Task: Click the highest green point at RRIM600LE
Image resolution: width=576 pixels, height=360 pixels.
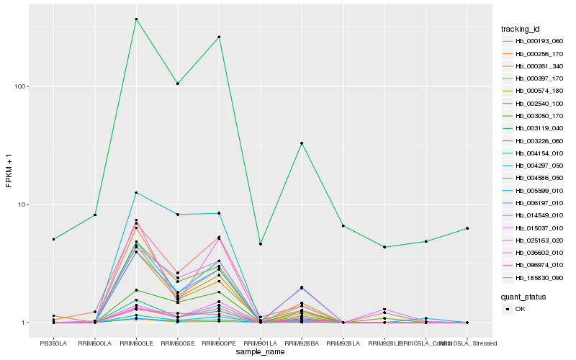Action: tap(136, 19)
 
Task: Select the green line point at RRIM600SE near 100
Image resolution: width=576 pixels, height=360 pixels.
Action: tap(177, 84)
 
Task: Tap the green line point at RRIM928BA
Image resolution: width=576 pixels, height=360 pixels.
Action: tap(302, 143)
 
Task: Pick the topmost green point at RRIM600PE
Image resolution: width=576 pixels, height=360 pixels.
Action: tap(219, 37)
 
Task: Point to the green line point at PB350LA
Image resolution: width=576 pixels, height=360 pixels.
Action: tap(53, 239)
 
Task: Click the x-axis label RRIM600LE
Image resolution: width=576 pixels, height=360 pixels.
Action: tap(136, 343)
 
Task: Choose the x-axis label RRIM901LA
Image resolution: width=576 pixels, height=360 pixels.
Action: tap(260, 343)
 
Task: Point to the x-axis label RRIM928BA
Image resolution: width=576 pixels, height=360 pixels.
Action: tap(302, 343)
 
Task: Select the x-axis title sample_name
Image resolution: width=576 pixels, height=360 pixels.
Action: tap(260, 352)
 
